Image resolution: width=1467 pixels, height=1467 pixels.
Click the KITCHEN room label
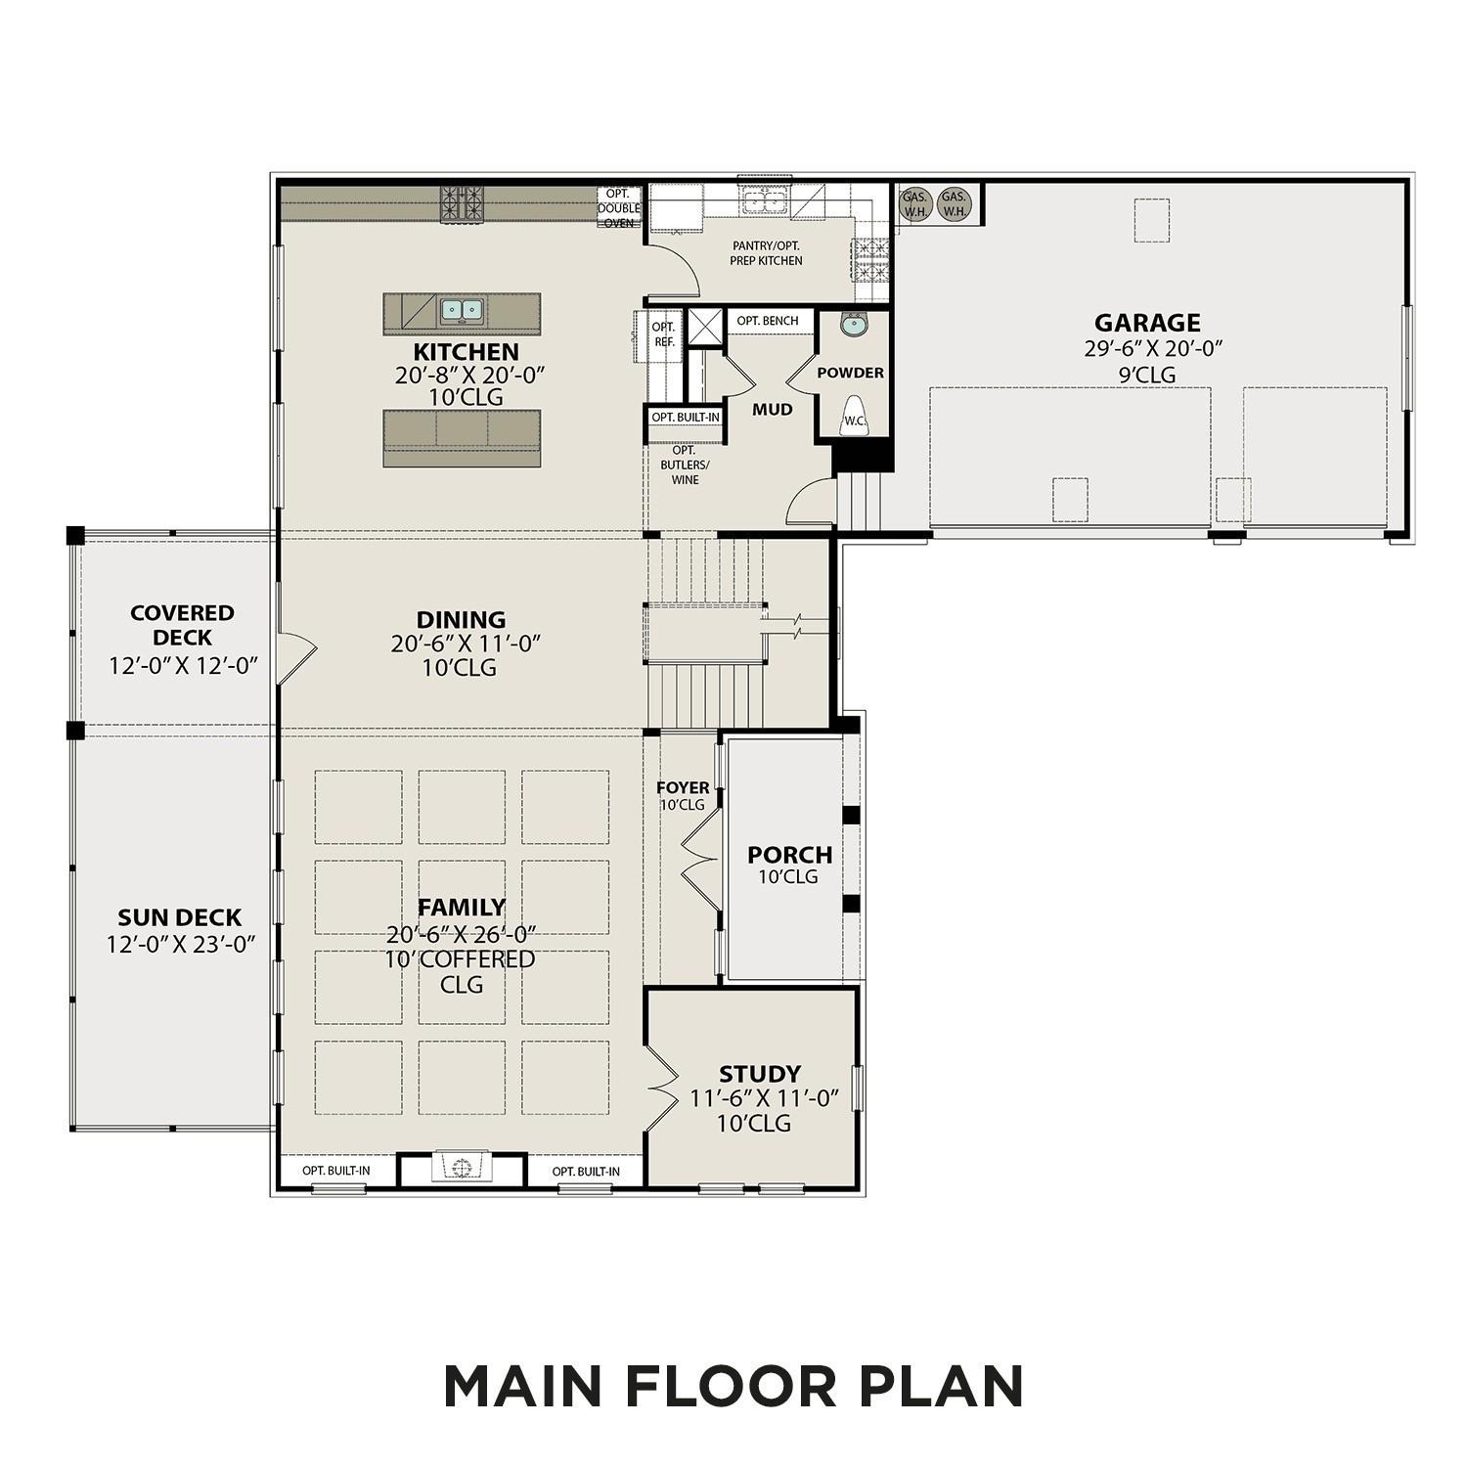point(466,352)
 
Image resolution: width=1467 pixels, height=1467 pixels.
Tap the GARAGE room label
point(1146,323)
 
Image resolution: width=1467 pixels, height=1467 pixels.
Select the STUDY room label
point(760,1074)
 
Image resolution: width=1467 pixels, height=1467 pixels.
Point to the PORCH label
point(789,855)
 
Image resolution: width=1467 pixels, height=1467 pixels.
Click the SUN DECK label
point(179,917)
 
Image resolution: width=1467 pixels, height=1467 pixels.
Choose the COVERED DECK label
point(182,625)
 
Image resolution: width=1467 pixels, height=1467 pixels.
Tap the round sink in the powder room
point(854,324)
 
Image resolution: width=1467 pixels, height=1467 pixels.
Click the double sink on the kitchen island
point(462,311)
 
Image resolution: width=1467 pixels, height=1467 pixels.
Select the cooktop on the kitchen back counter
point(463,205)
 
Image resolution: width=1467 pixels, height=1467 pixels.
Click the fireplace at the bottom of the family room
point(462,1166)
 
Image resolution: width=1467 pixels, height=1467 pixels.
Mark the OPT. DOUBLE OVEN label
point(619,208)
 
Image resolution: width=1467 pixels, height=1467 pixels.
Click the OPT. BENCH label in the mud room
point(768,321)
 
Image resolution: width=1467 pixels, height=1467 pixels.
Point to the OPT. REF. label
point(664,334)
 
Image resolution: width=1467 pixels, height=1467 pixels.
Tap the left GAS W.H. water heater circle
point(914,203)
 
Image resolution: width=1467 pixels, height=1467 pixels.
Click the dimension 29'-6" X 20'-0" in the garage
point(1153,348)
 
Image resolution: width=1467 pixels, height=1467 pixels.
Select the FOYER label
point(683,787)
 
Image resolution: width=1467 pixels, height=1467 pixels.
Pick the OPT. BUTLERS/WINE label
point(685,465)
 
